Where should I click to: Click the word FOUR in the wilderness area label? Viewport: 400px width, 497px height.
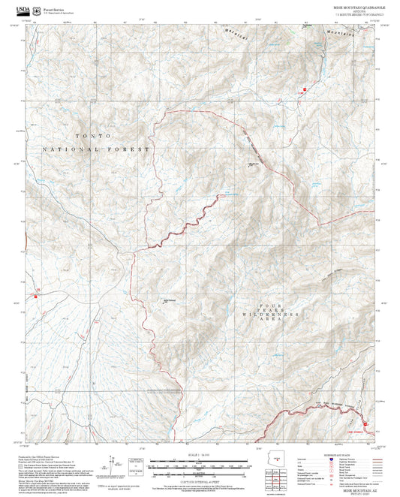(269, 305)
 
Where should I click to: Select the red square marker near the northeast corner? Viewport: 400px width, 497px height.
(305, 92)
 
